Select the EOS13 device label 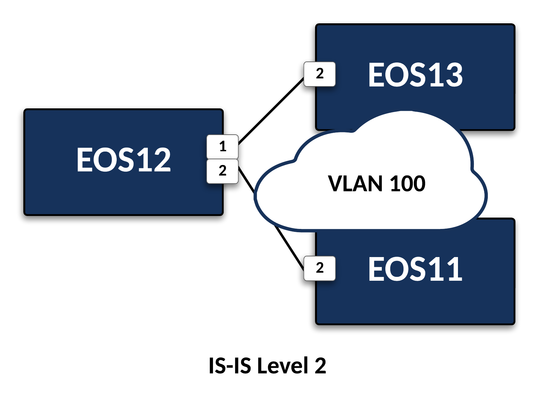(x=415, y=75)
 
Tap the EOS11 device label (x=415, y=269)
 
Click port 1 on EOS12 (x=223, y=146)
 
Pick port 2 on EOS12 (x=223, y=171)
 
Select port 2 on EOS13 (x=320, y=74)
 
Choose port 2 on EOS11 (x=320, y=268)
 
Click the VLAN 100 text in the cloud (x=376, y=184)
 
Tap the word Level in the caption (x=283, y=366)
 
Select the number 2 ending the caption (x=320, y=366)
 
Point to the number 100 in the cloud (x=407, y=184)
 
